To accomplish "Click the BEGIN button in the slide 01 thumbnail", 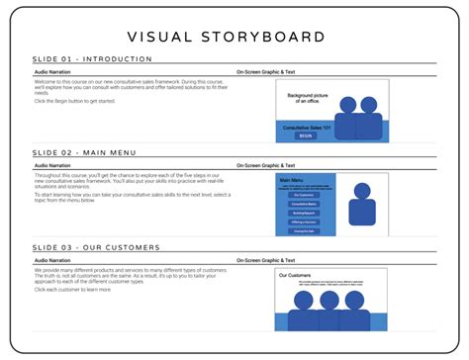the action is (305, 136).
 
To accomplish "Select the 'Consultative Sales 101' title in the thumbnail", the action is (305, 128).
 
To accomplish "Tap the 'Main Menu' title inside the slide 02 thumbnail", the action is (292, 180).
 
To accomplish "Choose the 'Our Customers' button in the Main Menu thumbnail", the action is (302, 194).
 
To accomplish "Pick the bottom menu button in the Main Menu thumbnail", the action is (302, 230).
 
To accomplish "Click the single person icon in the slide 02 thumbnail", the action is (362, 206).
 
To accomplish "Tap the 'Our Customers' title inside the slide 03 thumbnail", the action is (296, 275).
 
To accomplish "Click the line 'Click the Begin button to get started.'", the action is (75, 101).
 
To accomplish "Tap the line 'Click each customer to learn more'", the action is (72, 290).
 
